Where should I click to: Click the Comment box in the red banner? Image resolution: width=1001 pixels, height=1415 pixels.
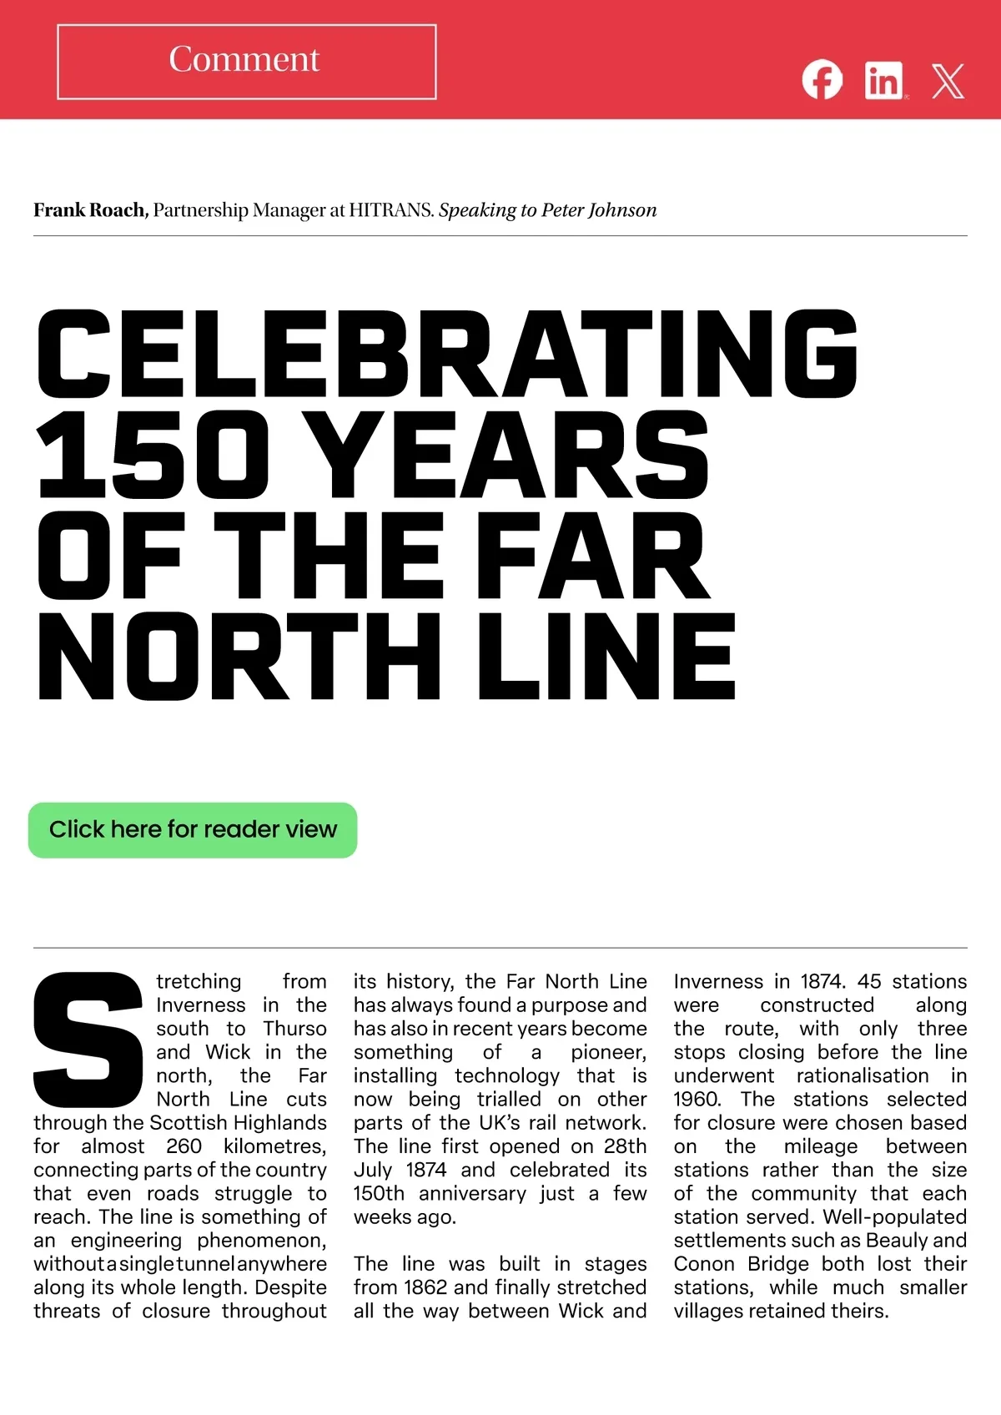pos(246,62)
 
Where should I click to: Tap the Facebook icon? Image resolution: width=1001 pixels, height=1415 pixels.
pos(822,80)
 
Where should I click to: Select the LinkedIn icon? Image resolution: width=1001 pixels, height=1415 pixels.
pos(884,81)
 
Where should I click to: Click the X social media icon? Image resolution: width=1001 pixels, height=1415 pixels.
pos(948,81)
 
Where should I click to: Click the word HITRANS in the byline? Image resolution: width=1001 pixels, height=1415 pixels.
pos(390,210)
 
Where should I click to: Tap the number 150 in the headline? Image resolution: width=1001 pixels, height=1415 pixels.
pos(153,455)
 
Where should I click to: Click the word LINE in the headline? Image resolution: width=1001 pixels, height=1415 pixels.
pos(606,657)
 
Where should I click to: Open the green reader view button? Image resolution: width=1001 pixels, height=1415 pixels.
pos(193,830)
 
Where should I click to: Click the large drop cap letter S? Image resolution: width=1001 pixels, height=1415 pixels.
pos(88,1039)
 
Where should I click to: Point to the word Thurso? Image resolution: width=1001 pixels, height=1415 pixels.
pos(294,1029)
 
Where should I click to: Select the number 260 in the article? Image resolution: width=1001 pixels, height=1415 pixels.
pos(184,1146)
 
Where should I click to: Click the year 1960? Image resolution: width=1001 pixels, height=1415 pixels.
pos(697,1100)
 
